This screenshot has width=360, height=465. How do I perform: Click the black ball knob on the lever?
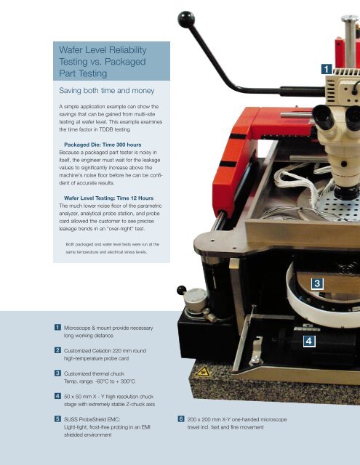click(x=186, y=20)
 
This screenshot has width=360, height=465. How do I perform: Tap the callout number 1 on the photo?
click(x=327, y=69)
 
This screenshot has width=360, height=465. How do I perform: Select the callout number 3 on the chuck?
click(x=317, y=283)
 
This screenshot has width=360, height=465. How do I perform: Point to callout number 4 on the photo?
click(x=309, y=341)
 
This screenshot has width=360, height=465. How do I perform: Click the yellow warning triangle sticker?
click(x=203, y=371)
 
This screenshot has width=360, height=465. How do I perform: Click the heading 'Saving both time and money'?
click(x=107, y=90)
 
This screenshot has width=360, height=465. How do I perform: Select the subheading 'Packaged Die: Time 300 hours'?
click(x=103, y=145)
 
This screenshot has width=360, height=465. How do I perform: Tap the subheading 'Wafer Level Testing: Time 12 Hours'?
click(x=108, y=198)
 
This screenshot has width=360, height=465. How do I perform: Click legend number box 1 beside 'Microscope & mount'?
click(x=57, y=328)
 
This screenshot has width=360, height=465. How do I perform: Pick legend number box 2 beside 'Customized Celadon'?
click(x=57, y=350)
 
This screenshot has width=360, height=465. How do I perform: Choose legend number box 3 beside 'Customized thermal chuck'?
click(x=57, y=373)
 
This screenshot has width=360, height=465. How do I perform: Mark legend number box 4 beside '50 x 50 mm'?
click(x=57, y=396)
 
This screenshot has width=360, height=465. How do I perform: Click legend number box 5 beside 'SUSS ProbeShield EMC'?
click(x=57, y=418)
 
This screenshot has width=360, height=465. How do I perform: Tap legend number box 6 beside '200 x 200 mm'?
click(x=181, y=418)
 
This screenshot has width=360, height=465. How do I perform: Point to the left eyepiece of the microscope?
click(x=323, y=117)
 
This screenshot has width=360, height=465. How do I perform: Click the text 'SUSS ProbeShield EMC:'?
click(x=92, y=419)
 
